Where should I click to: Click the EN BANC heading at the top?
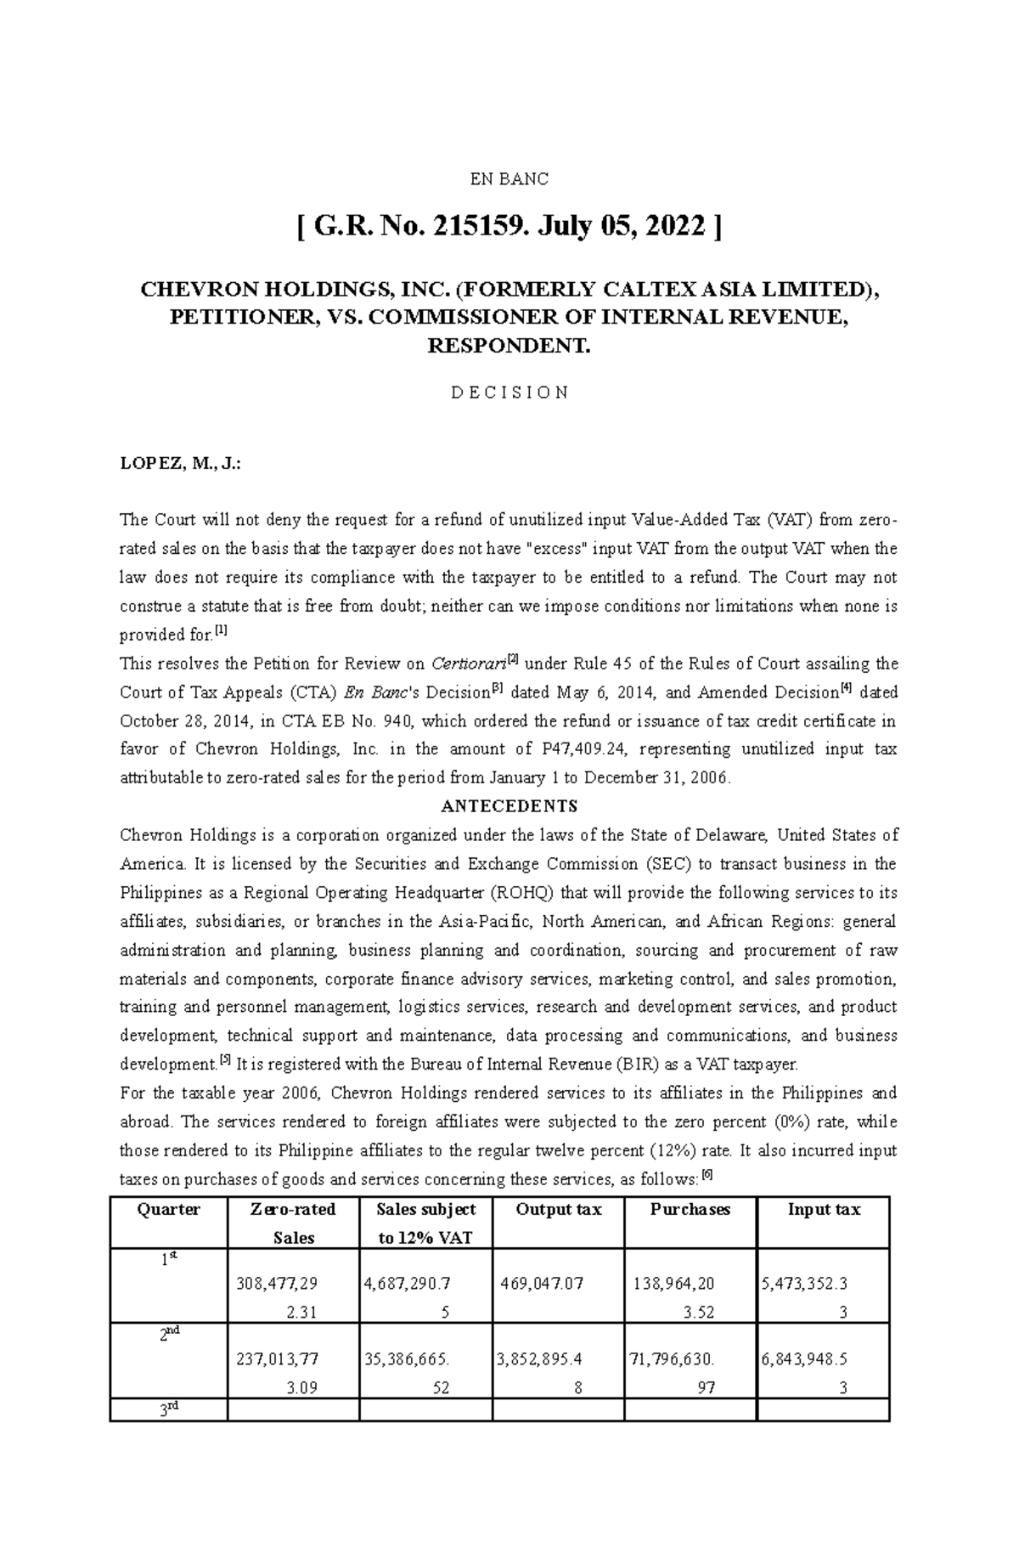point(509,179)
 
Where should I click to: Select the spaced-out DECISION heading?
point(509,393)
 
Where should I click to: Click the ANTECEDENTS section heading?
point(509,806)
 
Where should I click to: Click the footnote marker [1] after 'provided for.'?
point(221,631)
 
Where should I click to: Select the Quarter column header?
point(168,1210)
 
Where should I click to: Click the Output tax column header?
point(558,1210)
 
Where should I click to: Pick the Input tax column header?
point(823,1210)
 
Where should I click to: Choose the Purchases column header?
point(690,1210)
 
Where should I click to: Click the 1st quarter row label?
point(168,1261)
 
